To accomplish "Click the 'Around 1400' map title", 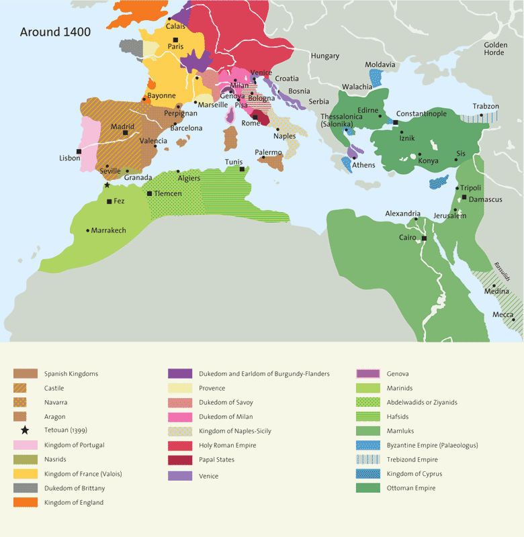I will coord(55,32).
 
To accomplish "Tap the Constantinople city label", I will coord(421,114).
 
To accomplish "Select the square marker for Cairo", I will coord(424,238).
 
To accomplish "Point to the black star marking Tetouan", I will coord(106,185).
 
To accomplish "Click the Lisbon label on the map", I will coord(69,158).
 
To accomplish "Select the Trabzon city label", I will coord(486,107).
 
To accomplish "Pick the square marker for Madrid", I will coord(126,133).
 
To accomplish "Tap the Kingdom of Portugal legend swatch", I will coord(24,445).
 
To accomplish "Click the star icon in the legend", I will coord(24,430).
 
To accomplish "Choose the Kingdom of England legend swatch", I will coord(24,503).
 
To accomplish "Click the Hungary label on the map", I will coord(325,56).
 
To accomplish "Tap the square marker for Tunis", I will coord(242,169).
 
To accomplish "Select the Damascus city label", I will coord(486,199).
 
